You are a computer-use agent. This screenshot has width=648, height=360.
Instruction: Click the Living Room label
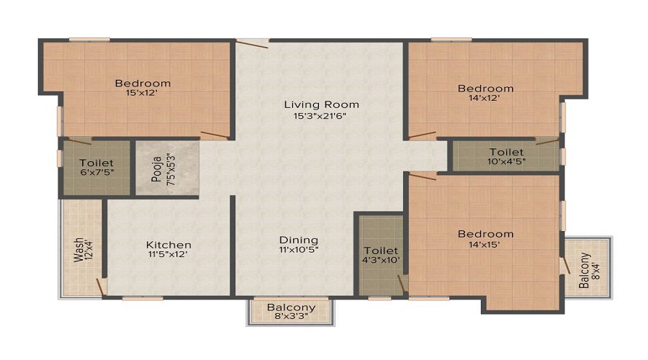tap(321, 104)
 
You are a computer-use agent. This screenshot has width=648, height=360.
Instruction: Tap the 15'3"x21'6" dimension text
tap(321, 116)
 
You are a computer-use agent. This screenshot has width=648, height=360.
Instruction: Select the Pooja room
tap(167, 167)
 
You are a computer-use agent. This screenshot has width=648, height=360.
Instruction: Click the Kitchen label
tap(168, 245)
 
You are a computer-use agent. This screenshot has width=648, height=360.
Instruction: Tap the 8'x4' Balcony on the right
tap(589, 266)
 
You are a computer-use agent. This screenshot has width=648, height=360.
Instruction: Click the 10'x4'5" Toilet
tap(506, 157)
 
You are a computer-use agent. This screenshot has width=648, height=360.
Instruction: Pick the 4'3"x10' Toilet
tap(381, 255)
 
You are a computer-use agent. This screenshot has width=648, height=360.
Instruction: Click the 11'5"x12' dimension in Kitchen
tap(168, 255)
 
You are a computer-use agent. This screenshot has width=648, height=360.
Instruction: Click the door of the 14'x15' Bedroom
tap(423, 174)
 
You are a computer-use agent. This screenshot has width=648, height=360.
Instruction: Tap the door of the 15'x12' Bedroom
tap(215, 135)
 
